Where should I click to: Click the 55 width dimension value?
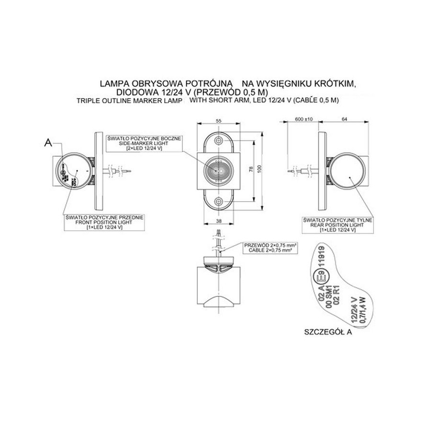click(219, 122)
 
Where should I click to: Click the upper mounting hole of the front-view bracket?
click(219, 141)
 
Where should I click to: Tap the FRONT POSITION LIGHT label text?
click(104, 223)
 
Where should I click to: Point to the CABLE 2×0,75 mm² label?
click(271, 250)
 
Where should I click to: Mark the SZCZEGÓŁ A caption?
click(328, 331)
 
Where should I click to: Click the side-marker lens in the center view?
click(219, 170)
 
